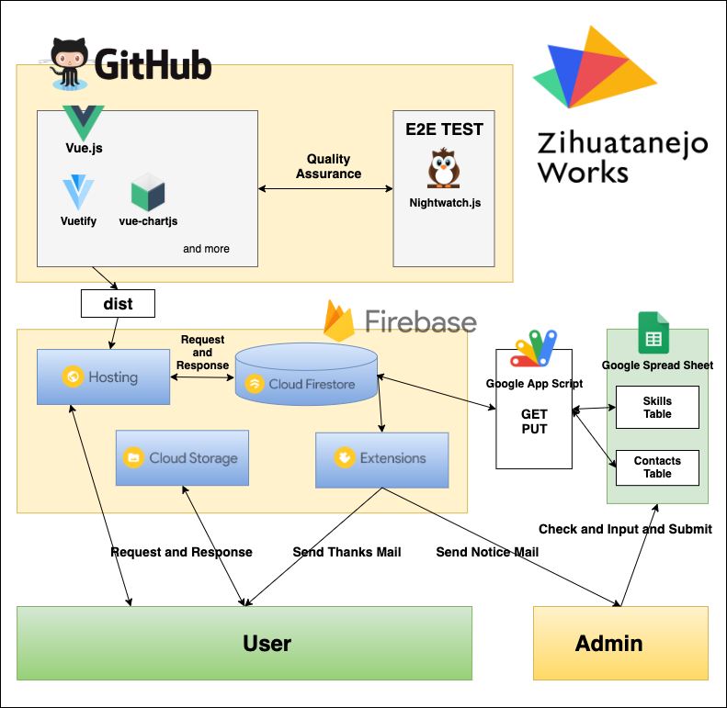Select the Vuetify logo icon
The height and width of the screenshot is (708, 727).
point(78,193)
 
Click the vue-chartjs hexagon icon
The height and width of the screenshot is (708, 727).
point(147,193)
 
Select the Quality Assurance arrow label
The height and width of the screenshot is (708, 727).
point(328,167)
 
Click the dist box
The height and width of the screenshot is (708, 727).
point(118,303)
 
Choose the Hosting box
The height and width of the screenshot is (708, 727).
point(103,376)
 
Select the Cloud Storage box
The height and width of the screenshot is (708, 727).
point(183,457)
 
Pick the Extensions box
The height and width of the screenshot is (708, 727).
point(382,457)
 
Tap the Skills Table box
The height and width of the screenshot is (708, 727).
point(657,408)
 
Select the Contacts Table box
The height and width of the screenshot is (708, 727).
point(657,467)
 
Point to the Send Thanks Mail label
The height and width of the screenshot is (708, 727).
point(346,552)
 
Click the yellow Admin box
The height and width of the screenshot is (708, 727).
point(620,642)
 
